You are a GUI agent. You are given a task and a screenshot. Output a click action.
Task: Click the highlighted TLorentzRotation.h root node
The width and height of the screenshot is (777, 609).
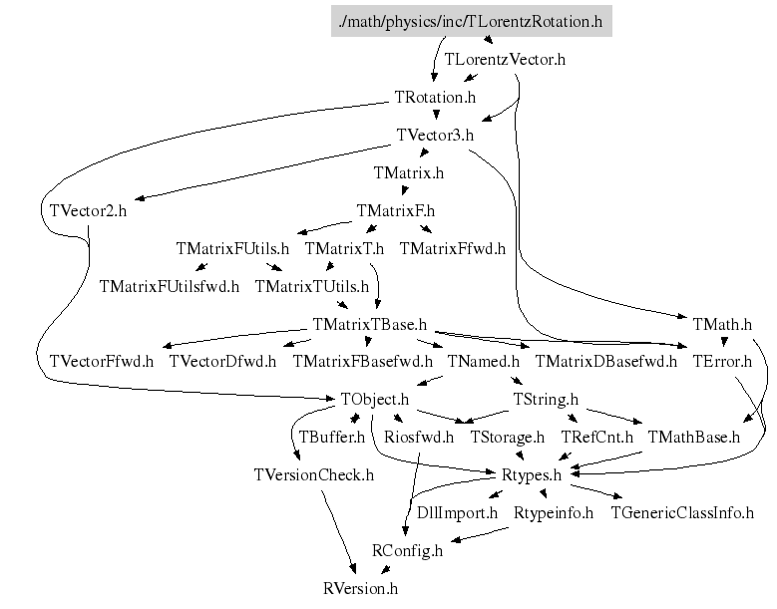coord(471,20)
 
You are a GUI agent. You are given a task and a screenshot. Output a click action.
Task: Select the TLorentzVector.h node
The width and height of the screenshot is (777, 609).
coord(505,59)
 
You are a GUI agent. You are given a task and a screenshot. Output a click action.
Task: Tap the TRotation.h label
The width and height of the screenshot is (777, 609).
coord(435,98)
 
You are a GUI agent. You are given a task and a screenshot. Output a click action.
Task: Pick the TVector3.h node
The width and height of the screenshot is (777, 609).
coord(434,135)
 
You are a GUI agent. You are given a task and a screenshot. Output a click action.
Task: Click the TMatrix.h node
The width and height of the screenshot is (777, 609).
coord(408,172)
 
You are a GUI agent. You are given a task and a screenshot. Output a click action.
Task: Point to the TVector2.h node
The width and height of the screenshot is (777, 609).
coord(88,210)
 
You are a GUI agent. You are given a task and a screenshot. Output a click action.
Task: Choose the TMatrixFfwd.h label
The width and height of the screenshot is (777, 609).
coord(452,248)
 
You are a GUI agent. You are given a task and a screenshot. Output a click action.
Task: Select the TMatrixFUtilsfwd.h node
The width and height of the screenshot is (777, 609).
coord(169,286)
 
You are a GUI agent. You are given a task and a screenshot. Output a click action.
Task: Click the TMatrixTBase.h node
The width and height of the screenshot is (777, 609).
coord(369,324)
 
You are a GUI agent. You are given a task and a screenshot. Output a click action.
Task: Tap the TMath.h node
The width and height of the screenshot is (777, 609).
coord(722,324)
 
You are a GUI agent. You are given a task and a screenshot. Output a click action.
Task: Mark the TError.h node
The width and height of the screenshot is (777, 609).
coord(722,361)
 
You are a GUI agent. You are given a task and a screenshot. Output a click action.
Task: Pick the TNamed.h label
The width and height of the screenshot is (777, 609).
coord(484,361)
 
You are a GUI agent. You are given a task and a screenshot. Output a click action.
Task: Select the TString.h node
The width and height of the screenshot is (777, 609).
coord(546,399)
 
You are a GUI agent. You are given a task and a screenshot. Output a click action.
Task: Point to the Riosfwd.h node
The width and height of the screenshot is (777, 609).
coord(419,437)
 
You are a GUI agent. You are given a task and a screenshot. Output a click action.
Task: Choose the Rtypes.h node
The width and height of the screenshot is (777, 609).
coord(531,474)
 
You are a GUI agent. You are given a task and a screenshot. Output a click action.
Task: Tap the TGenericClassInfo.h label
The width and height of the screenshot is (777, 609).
coord(681,513)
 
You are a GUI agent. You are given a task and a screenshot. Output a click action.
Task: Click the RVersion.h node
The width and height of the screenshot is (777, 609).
coord(360,588)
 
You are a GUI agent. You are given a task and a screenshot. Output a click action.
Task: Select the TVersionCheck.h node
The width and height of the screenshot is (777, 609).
coord(314,474)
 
